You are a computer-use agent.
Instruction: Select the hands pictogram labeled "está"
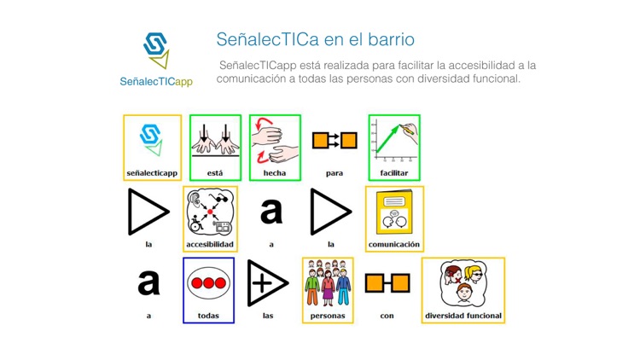tap(215, 140)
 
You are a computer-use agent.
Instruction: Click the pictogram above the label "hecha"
tap(275, 140)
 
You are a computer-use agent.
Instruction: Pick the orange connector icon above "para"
tap(335, 140)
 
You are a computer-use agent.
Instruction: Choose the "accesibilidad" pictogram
tap(209, 212)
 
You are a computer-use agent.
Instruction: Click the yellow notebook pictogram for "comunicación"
tap(393, 212)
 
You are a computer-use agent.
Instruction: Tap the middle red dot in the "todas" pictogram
tap(209, 283)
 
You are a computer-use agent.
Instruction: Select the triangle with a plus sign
tap(267, 283)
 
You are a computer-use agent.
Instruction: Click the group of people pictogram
tap(328, 283)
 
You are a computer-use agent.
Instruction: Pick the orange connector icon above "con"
tap(387, 283)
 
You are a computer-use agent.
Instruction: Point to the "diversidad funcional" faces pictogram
tap(463, 283)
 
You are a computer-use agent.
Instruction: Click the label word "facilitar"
tap(394, 173)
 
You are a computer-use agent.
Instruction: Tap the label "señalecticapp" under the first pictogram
tap(152, 173)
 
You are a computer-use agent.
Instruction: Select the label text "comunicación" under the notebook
tap(393, 245)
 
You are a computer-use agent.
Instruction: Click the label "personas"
tap(328, 316)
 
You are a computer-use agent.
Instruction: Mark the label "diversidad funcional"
tap(463, 316)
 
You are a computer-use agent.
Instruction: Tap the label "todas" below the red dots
tap(209, 316)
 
